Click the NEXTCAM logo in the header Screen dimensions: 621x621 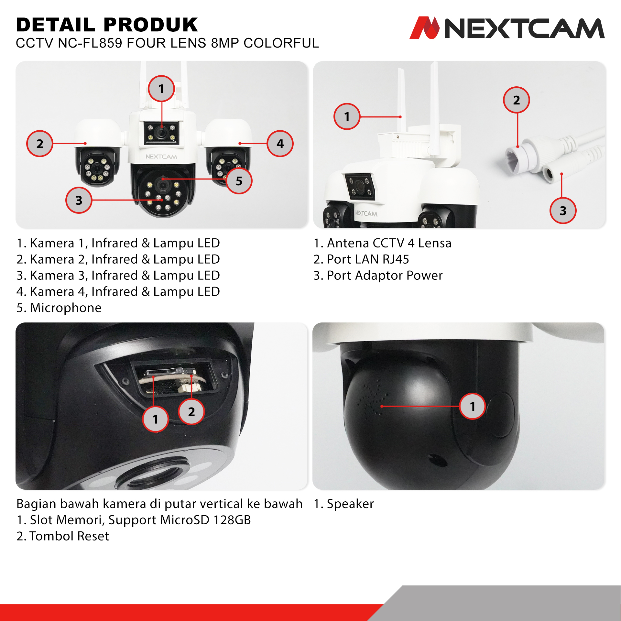tap(507, 28)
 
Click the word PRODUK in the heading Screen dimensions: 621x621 tap(151, 25)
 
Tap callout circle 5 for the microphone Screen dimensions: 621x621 tap(239, 181)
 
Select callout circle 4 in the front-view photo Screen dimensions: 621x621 tap(280, 144)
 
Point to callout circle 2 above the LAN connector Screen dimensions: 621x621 tap(517, 100)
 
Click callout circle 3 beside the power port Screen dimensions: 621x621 tap(563, 211)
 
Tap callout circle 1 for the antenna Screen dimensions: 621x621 tap(347, 116)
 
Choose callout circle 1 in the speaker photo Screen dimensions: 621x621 tap(473, 406)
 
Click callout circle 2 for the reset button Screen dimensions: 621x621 tap(191, 412)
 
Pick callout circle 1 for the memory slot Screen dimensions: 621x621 tap(156, 419)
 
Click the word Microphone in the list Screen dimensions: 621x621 tap(66, 308)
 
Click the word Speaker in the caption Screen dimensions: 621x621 tap(350, 504)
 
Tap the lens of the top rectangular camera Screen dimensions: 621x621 tap(161, 132)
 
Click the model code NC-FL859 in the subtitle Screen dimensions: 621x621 tap(90, 43)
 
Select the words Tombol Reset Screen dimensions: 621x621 tap(69, 536)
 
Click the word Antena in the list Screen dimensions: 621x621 tap(348, 243)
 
